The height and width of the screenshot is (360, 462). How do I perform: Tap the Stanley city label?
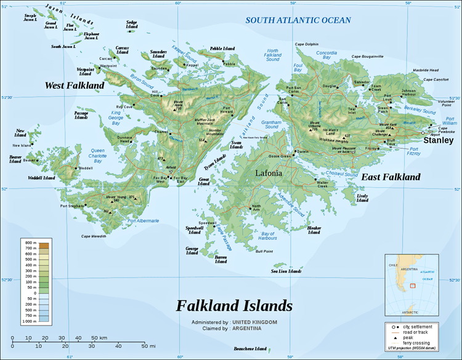tap(439, 140)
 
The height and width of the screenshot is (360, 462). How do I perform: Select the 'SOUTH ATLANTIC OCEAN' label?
tap(298, 20)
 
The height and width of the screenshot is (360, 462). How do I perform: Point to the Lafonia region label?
tap(269, 174)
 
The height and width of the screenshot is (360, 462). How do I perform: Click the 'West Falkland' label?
tap(74, 85)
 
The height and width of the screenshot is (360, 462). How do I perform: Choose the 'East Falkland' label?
tap(391, 177)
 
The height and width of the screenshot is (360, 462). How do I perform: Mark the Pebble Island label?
tap(222, 48)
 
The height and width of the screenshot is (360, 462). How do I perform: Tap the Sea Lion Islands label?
tap(286, 271)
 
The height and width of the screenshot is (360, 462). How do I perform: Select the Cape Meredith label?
tap(94, 236)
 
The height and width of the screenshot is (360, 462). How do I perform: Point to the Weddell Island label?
tap(41, 178)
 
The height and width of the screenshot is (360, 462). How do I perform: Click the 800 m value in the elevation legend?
tap(29, 244)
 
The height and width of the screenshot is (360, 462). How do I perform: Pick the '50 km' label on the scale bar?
tap(99, 338)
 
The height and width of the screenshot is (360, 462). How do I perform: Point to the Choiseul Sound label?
tap(342, 174)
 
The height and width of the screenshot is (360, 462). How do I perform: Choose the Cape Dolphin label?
tap(307, 44)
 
